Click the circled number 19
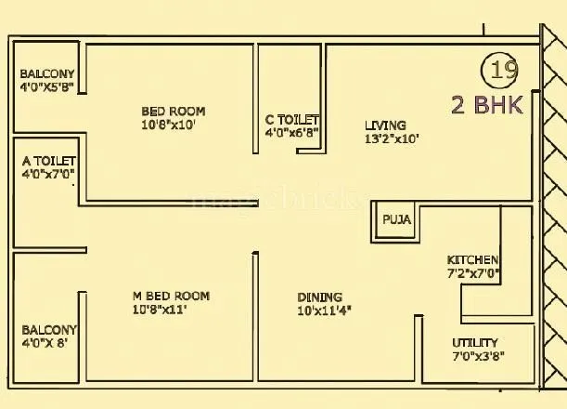coord(500,71)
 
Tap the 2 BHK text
coord(487,104)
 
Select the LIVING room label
coord(384,125)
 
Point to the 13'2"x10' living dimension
coord(392,139)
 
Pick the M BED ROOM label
coord(171,297)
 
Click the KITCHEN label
coord(472,259)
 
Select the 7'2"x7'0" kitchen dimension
coord(473,274)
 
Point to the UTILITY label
coord(474,342)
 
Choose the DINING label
coord(319,297)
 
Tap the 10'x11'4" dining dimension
coord(325,310)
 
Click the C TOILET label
coord(291,120)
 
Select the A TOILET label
coord(48,160)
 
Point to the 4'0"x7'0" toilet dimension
coord(48,174)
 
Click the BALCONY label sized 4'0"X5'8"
coord(47,75)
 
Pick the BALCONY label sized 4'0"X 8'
coord(49,330)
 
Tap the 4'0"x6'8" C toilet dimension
coord(292,133)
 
